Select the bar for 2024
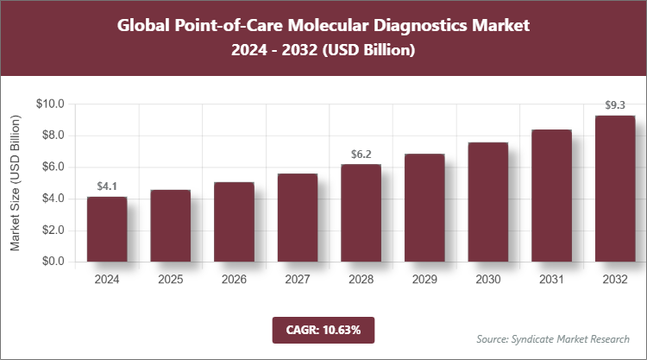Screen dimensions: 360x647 (107, 230)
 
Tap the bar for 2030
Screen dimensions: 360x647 (488, 202)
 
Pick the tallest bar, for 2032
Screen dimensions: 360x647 (615, 188)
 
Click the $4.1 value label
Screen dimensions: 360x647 (107, 186)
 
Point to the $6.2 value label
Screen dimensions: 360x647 (361, 154)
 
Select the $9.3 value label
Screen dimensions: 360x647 (615, 105)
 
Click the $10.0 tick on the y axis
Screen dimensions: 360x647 (51, 104)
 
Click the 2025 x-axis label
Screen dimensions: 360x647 (171, 280)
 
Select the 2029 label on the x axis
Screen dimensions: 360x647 (424, 280)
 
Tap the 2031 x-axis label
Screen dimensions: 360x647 (551, 280)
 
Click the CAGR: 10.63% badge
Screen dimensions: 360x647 (323, 330)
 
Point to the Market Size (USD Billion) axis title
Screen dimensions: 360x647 (16, 182)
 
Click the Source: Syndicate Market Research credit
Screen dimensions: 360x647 (552, 338)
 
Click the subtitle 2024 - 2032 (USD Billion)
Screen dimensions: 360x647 (323, 51)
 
